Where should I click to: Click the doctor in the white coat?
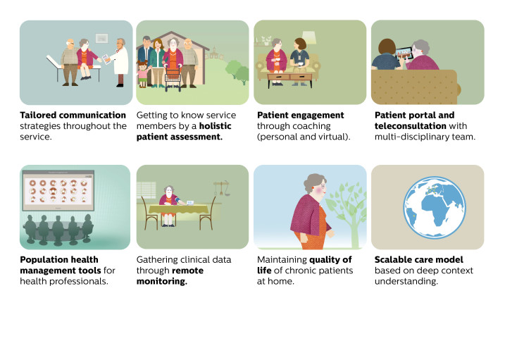120,63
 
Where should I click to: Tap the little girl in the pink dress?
142,74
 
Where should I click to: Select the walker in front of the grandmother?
173,79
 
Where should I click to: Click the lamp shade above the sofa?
309,37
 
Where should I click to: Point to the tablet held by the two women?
404,53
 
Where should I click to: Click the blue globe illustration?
435,207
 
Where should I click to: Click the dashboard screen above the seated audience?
58,190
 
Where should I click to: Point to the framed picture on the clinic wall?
101,38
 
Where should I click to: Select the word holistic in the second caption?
215,126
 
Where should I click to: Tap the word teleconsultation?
411,126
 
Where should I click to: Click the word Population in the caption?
41,260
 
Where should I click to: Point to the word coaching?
311,126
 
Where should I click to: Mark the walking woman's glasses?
323,186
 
